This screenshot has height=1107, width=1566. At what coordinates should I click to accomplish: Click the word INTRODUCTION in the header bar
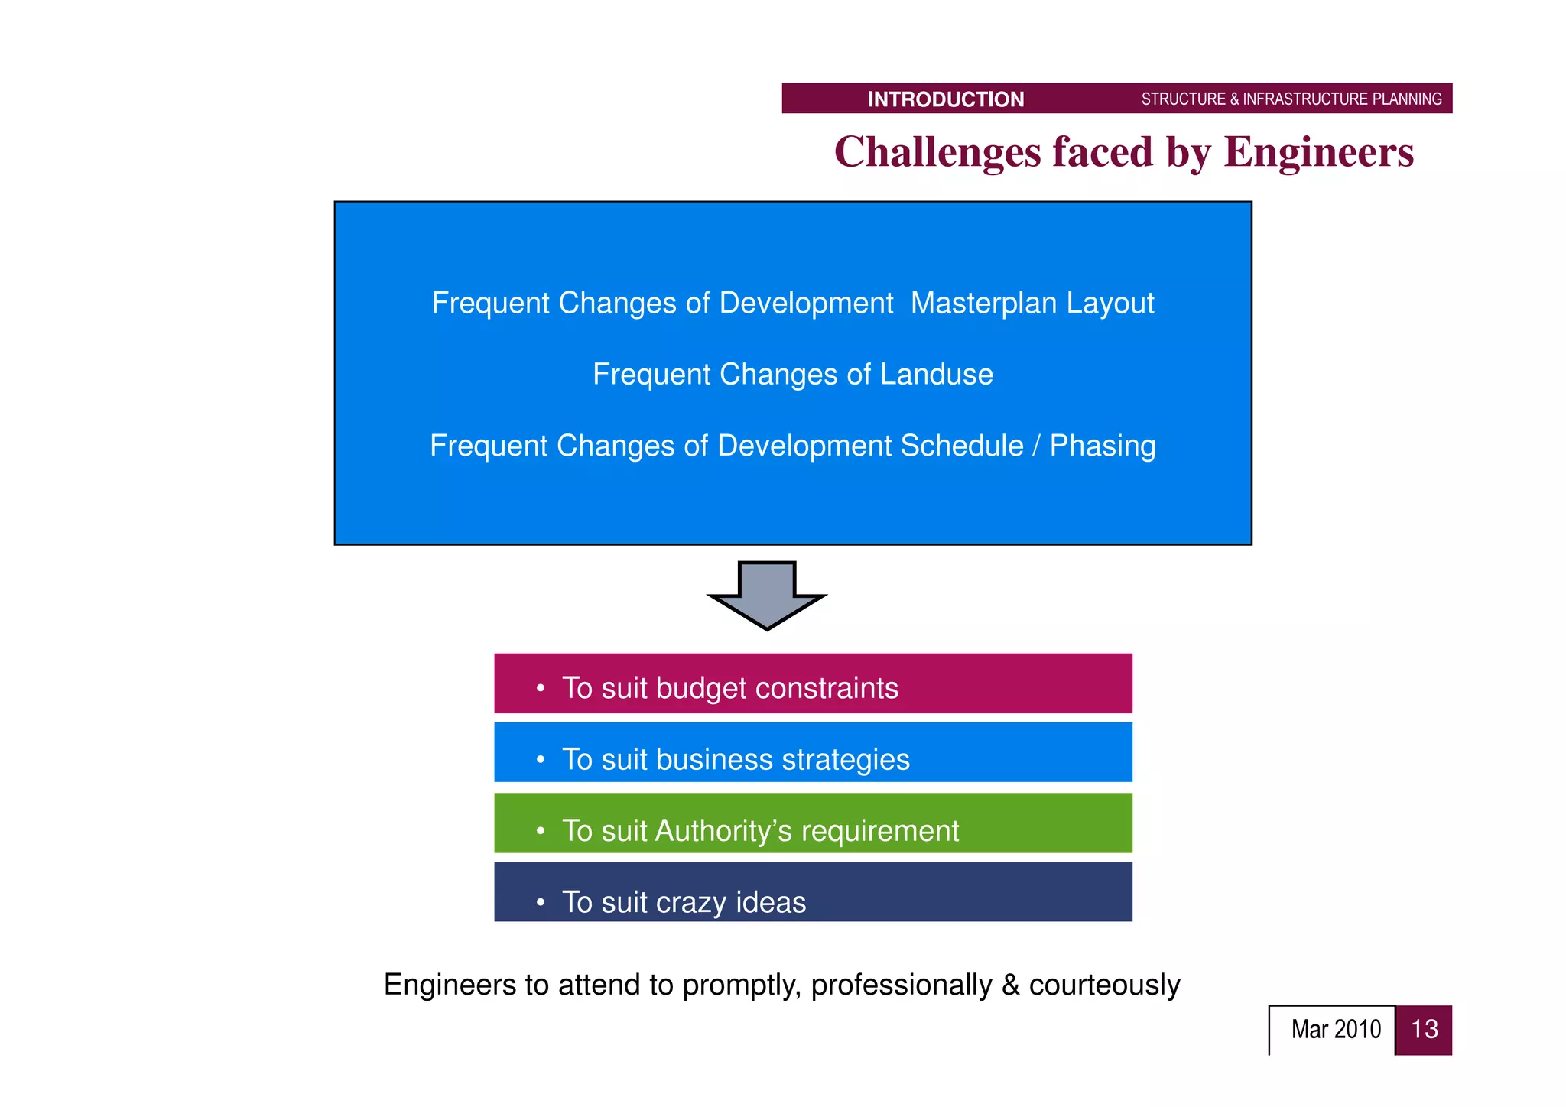tap(945, 99)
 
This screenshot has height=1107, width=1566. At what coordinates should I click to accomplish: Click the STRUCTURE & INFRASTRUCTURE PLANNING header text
tap(1291, 99)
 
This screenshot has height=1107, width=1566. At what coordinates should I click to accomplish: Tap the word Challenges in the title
tap(937, 152)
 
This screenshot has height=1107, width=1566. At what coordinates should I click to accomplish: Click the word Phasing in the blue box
tap(1102, 446)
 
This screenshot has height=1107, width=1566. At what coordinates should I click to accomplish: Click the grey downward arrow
tap(767, 596)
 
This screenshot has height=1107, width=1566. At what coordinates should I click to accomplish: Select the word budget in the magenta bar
tap(700, 689)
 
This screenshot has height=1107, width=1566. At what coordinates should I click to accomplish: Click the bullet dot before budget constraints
tap(541, 689)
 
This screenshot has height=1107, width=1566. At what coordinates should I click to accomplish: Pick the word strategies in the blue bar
tap(846, 760)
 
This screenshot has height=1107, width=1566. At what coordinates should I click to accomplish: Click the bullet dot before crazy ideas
tap(541, 903)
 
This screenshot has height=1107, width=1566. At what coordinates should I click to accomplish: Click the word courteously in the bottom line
tap(1104, 985)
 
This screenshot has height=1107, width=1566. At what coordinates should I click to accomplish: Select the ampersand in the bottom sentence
tap(1010, 985)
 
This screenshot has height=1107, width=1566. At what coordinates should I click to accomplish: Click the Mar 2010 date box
tap(1334, 1030)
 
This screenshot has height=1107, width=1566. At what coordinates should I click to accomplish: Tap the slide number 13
tap(1424, 1030)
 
